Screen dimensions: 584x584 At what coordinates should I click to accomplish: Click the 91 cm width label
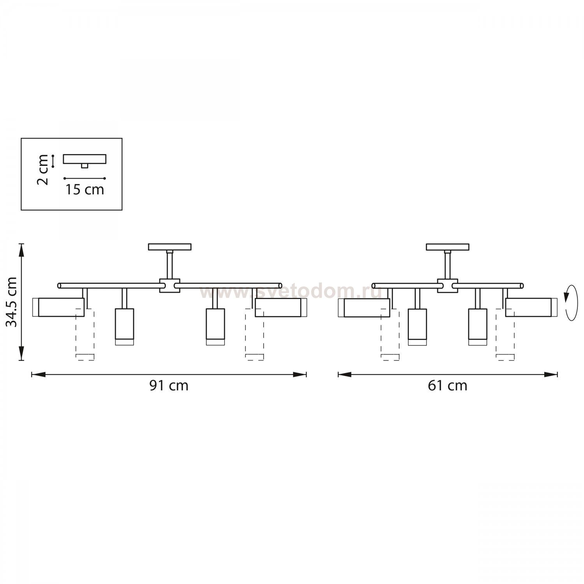click(x=169, y=385)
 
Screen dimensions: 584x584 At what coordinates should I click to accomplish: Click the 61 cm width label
click(x=448, y=385)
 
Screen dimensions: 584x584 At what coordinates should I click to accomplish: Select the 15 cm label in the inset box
click(x=84, y=190)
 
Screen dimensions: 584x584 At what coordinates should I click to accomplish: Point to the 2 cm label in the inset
click(x=44, y=170)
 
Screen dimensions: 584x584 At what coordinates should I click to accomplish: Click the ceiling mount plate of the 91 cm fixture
click(x=170, y=247)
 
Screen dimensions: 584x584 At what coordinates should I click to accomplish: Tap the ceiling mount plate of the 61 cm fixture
click(x=448, y=247)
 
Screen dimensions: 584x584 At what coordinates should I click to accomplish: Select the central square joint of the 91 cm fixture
click(x=170, y=285)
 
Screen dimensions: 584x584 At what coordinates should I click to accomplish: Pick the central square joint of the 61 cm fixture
click(x=447, y=285)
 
